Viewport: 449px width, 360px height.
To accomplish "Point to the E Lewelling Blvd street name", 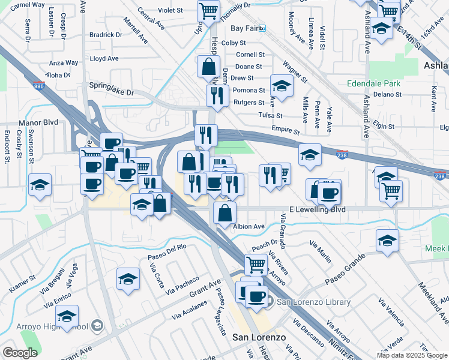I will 317,209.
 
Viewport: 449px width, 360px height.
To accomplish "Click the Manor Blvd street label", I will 38,122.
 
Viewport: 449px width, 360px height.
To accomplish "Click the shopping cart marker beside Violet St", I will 208,11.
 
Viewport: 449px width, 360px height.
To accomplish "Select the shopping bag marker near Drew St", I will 208,67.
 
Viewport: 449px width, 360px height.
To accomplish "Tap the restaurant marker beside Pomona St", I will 215,95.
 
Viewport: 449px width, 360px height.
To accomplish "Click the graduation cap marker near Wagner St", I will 282,85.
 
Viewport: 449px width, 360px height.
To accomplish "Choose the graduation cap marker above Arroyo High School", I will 67,316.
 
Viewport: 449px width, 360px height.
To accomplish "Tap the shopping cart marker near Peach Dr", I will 256,263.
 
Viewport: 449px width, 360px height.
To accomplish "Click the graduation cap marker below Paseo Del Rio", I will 128,279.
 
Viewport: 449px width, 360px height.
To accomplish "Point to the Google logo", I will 19,353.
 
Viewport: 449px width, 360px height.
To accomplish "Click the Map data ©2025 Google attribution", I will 411,355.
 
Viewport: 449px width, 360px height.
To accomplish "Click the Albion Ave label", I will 249,226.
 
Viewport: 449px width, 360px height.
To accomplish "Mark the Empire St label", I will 285,130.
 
